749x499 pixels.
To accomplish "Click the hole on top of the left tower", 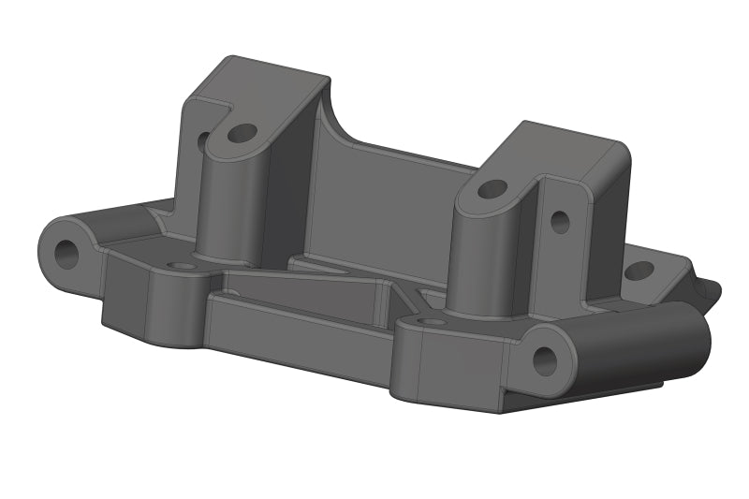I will [242, 133].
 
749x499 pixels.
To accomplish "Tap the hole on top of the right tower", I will [492, 188].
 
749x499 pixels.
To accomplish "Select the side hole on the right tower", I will [560, 222].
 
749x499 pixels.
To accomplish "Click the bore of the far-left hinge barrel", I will [66, 252].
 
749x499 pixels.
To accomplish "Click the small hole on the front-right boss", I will [432, 322].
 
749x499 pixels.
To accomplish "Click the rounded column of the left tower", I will [225, 206].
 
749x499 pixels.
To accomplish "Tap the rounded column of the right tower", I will [477, 253].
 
